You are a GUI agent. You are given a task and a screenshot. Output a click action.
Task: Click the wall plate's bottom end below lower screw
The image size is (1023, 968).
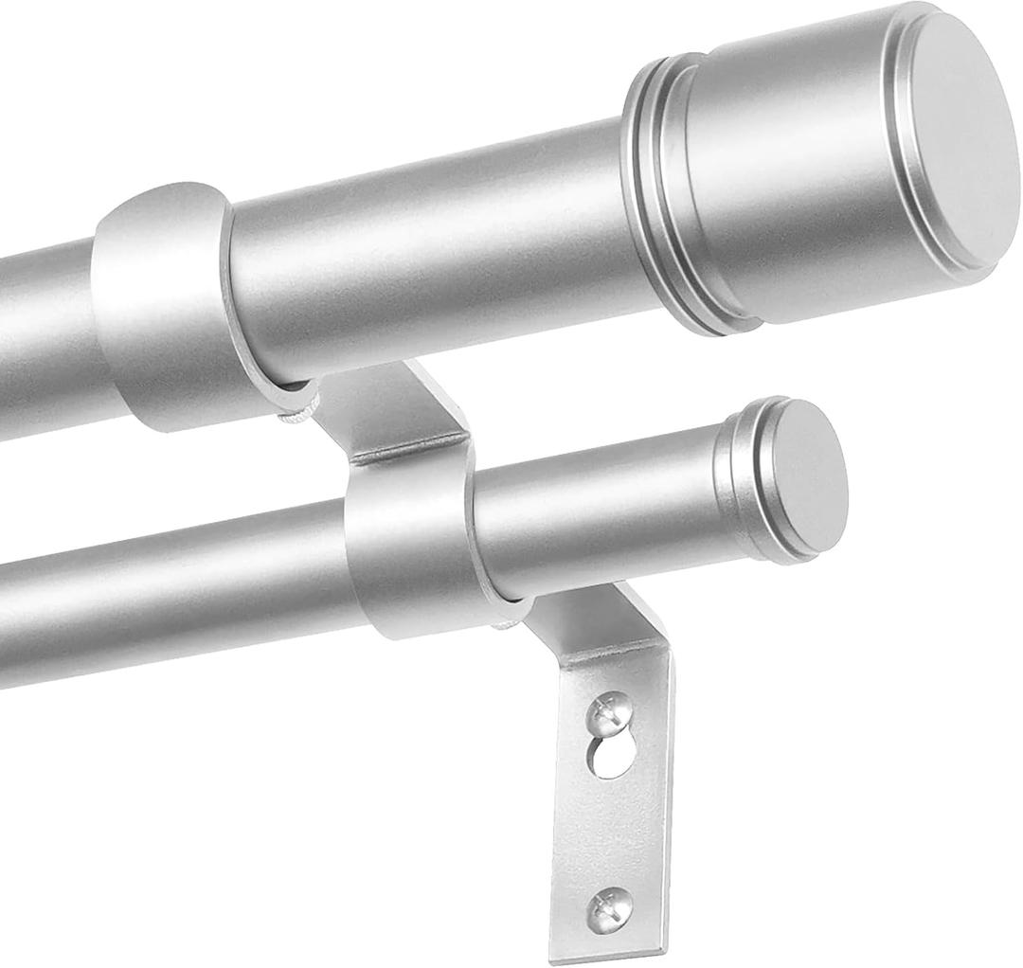click(607, 942)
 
